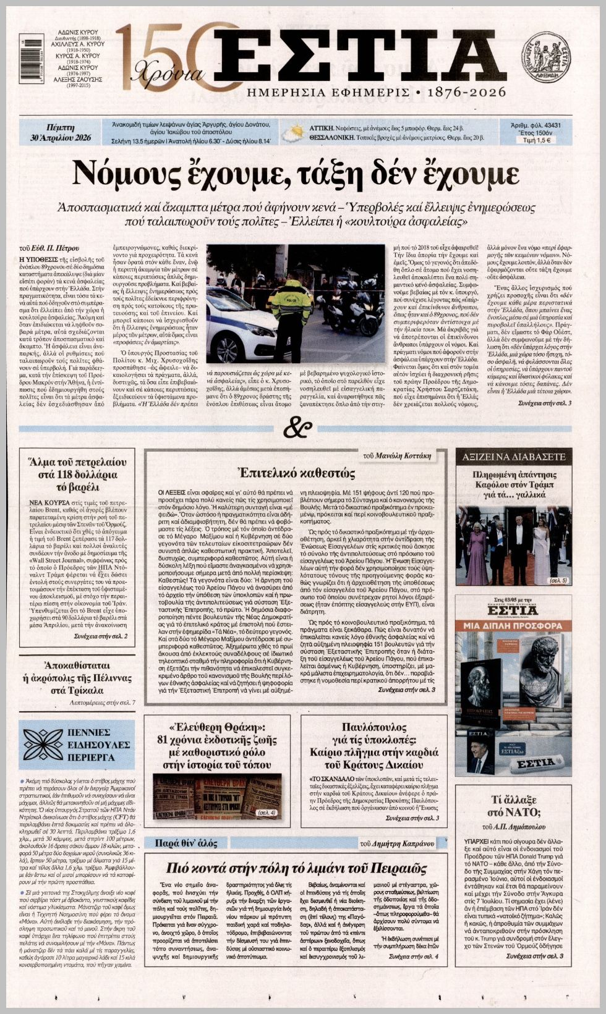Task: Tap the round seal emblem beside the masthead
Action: coord(546,57)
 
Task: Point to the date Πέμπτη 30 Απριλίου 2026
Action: coord(61,132)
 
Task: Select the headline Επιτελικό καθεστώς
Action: coord(297,474)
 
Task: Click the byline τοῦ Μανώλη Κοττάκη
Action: coord(396,455)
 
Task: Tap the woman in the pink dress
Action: coord(477,554)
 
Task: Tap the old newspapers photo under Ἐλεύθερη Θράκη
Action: coord(216,796)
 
